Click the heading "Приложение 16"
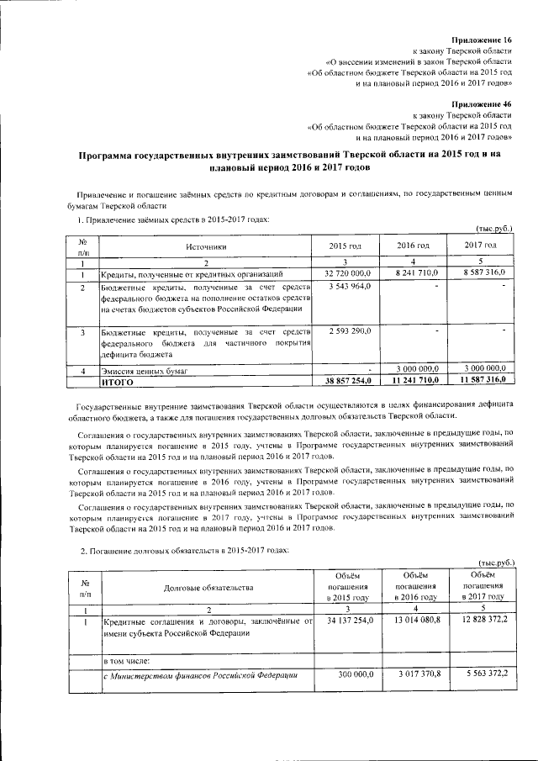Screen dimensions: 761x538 tap(482, 40)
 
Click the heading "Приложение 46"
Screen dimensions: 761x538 tap(482, 103)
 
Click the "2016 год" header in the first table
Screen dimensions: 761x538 tap(413, 245)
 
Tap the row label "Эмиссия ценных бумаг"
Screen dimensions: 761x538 tap(144, 370)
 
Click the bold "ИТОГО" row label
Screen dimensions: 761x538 tap(117, 382)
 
